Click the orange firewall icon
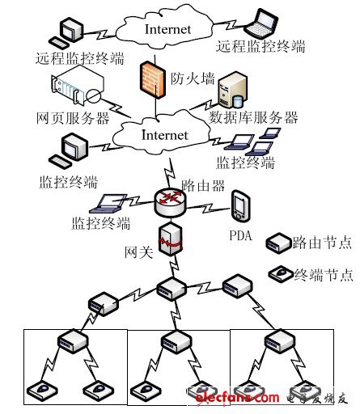tap(152, 79)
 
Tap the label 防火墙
tap(193, 78)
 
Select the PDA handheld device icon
tap(241, 206)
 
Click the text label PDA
tap(240, 235)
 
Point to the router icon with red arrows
tap(171, 203)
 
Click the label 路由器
tap(203, 185)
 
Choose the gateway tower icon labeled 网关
tap(170, 239)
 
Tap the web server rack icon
tap(78, 87)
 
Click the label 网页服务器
tap(73, 118)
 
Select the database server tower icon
tap(232, 90)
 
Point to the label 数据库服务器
tap(253, 117)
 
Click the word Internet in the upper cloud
tap(167, 29)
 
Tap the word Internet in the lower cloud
tap(165, 135)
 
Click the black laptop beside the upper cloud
tap(261, 23)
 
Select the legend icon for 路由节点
tap(278, 243)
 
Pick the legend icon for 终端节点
tap(281, 273)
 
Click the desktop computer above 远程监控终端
tap(66, 33)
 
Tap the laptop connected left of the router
tap(108, 204)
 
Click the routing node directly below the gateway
tap(172, 289)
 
